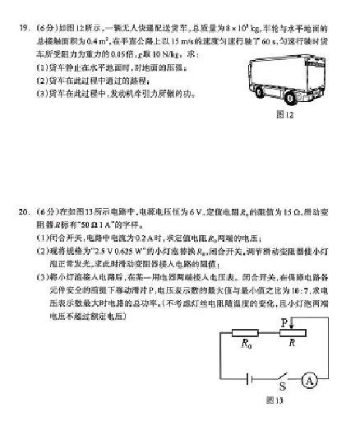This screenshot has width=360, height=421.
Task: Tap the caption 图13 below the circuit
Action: pyautogui.click(x=275, y=400)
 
